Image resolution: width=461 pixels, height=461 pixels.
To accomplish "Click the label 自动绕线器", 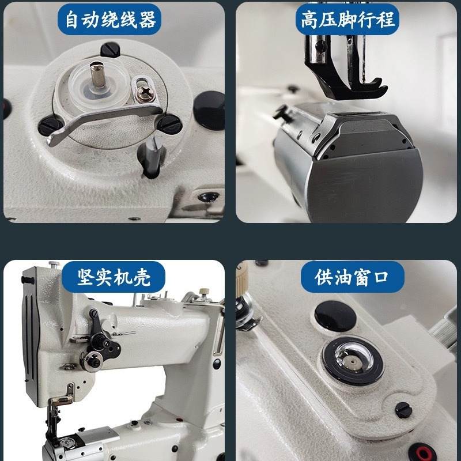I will point(110,21).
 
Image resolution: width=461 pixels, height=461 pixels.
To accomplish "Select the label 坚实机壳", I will point(114,277).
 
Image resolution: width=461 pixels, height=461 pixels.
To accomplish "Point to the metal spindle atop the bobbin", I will point(94,74).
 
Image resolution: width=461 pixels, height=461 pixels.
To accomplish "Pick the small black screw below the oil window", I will point(403,410).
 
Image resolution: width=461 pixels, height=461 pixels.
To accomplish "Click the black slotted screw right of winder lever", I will point(169,122).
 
